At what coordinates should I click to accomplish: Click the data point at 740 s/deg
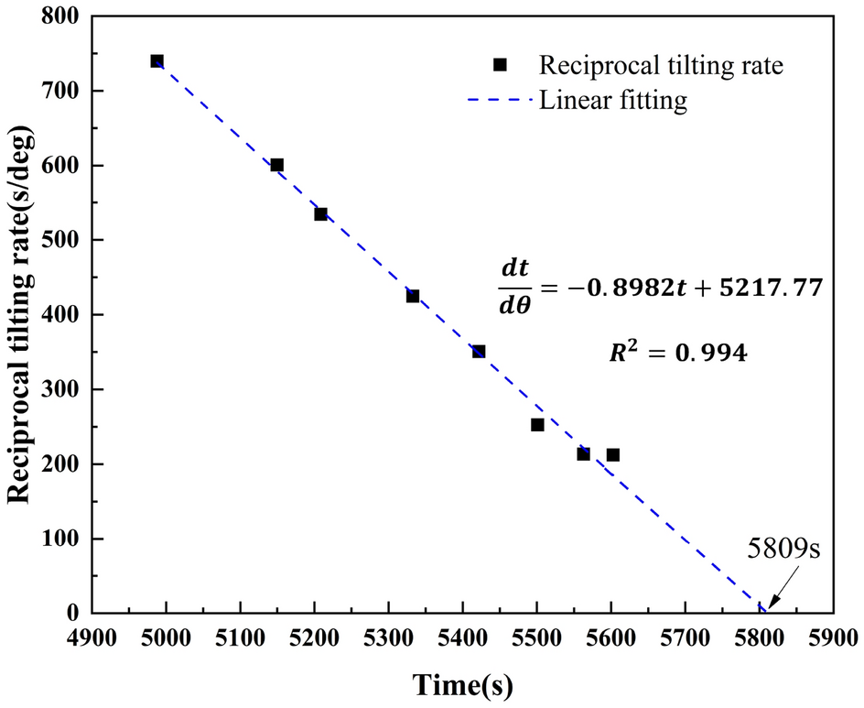point(157,61)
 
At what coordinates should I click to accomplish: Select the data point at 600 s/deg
point(276,165)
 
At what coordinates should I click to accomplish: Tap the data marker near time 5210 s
point(320,213)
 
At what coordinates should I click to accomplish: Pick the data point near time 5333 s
point(413,296)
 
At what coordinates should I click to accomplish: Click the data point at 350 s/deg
point(479,351)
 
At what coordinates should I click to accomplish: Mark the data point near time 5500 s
point(537,424)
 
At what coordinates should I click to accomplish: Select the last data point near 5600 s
point(613,454)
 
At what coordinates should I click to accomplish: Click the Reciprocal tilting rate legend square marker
point(500,64)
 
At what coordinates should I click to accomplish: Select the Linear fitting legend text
point(612,100)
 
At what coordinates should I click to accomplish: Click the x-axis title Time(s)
point(462,684)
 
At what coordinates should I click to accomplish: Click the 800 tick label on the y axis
point(61,16)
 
